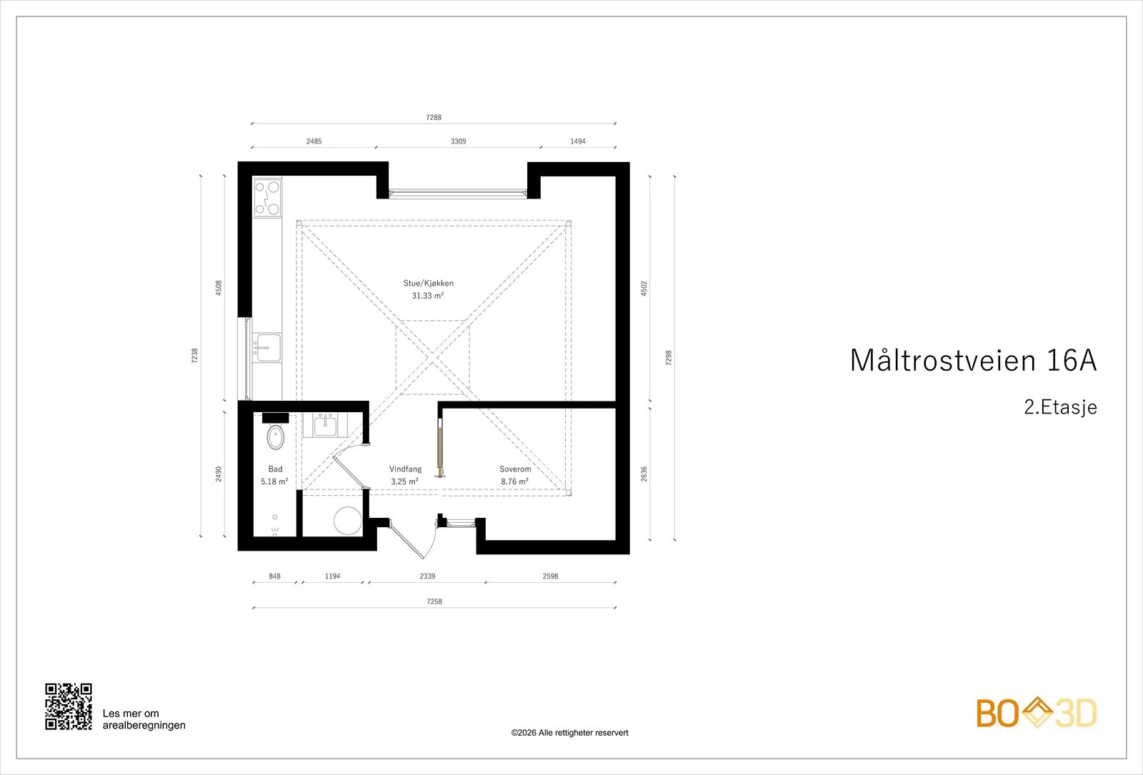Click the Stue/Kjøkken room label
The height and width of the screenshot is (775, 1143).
[428, 283]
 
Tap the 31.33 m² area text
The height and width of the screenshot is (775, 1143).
[428, 296]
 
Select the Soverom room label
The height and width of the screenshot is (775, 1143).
[515, 469]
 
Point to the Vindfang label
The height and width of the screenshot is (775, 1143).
[405, 469]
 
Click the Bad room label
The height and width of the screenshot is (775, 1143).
[275, 469]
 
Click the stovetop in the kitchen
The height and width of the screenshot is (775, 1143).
[267, 198]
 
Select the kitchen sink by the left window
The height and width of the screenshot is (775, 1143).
[267, 347]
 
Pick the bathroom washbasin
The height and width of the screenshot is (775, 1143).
[325, 424]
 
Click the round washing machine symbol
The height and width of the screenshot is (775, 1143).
[347, 521]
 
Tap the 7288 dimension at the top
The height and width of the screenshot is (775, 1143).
[434, 117]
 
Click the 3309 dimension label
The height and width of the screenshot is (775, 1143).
[458, 141]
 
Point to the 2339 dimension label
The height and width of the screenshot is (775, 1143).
[428, 576]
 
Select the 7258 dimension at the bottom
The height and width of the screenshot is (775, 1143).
[434, 601]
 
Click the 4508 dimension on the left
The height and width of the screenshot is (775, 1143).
[219, 288]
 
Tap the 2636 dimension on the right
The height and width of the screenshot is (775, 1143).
[644, 474]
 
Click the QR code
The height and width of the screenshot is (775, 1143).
[69, 706]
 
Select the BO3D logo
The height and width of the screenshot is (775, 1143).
[1037, 713]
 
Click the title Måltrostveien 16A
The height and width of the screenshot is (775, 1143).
[973, 360]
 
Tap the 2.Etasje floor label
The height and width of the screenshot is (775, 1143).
[1060, 407]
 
